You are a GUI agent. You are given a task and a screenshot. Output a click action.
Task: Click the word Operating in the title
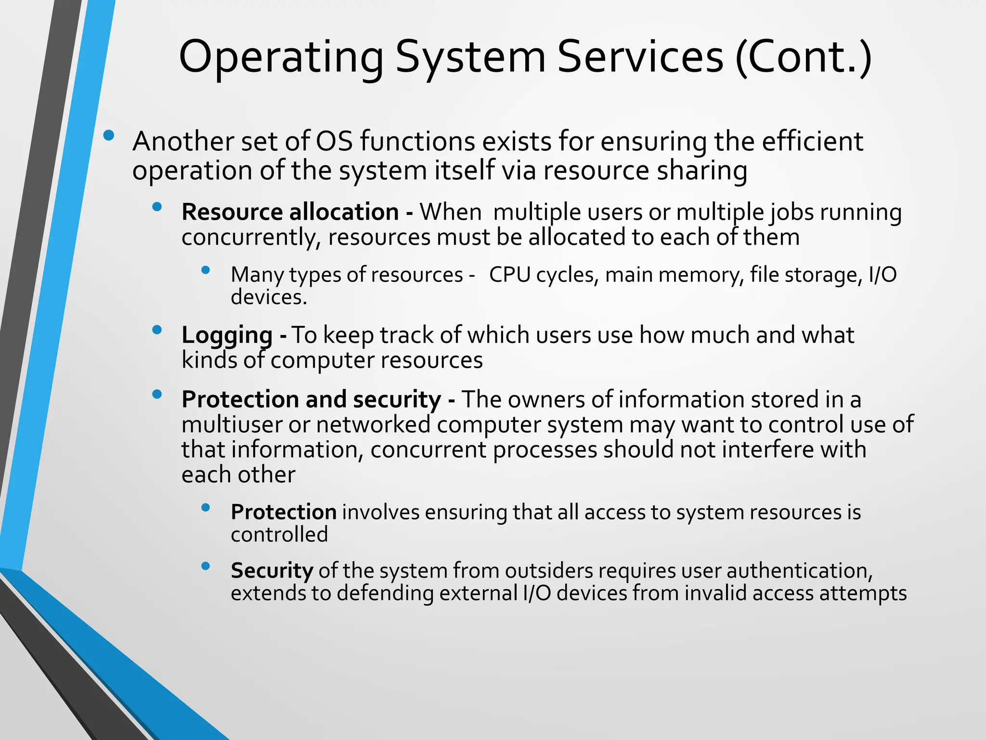coord(281,58)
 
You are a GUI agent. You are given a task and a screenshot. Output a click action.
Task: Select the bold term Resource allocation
coord(290,212)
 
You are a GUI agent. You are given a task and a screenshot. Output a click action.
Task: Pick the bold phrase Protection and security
coord(311,399)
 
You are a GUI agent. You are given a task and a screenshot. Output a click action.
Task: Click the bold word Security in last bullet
coord(272,570)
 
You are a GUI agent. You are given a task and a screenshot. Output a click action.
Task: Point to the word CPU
coord(509,275)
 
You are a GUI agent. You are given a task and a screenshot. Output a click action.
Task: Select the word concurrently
coord(250,238)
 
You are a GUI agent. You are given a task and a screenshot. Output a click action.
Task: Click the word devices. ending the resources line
coord(269,297)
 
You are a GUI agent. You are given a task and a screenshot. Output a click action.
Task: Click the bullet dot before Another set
coord(109,136)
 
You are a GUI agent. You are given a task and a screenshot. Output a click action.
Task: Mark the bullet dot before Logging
coord(156,330)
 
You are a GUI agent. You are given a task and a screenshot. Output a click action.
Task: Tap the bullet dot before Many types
coord(206,270)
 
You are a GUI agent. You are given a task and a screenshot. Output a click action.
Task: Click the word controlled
coord(279,534)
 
